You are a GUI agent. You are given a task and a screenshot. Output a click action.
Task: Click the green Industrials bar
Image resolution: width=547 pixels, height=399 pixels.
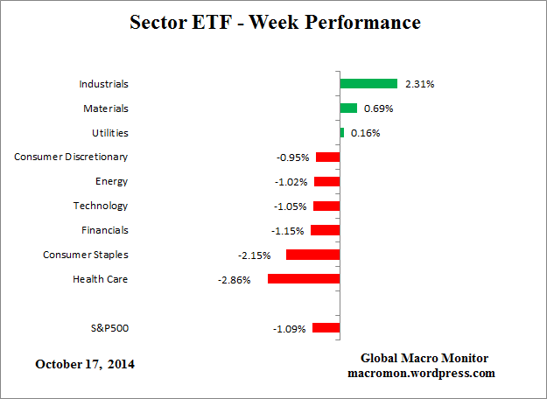click(x=368, y=84)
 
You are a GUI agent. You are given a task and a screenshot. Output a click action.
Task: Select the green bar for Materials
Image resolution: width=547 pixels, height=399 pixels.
click(x=348, y=108)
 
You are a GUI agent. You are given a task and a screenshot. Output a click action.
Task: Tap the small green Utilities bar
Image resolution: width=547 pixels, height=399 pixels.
click(x=342, y=133)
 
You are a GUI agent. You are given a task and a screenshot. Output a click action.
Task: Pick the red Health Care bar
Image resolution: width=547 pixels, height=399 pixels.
click(x=303, y=279)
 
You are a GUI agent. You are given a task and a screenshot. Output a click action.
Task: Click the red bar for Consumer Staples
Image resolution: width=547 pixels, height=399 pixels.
click(x=312, y=255)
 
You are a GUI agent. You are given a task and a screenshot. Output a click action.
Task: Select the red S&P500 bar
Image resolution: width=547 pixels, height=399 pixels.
click(x=326, y=328)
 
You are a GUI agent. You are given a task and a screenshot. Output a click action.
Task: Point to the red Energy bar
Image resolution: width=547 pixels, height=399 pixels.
click(x=326, y=181)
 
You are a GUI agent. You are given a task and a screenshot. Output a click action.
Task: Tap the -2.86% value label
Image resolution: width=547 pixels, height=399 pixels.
click(x=235, y=280)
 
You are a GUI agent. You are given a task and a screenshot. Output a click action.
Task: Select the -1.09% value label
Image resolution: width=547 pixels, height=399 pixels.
click(x=291, y=329)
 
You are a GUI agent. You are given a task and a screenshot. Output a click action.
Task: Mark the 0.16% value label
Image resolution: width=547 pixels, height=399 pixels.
click(x=365, y=134)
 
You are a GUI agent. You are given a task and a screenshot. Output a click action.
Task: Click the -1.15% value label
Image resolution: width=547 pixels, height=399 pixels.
click(x=289, y=231)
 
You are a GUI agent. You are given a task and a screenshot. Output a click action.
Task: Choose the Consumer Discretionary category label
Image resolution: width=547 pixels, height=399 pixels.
click(x=71, y=157)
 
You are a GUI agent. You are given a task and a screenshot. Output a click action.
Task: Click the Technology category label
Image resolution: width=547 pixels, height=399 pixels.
click(x=100, y=206)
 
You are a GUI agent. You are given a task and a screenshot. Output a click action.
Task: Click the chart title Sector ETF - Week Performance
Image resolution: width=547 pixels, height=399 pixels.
click(x=274, y=22)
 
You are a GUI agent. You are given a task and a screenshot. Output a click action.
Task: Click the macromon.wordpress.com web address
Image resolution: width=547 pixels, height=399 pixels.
click(x=424, y=373)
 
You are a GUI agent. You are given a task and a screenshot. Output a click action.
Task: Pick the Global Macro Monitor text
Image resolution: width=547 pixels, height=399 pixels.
click(x=424, y=359)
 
